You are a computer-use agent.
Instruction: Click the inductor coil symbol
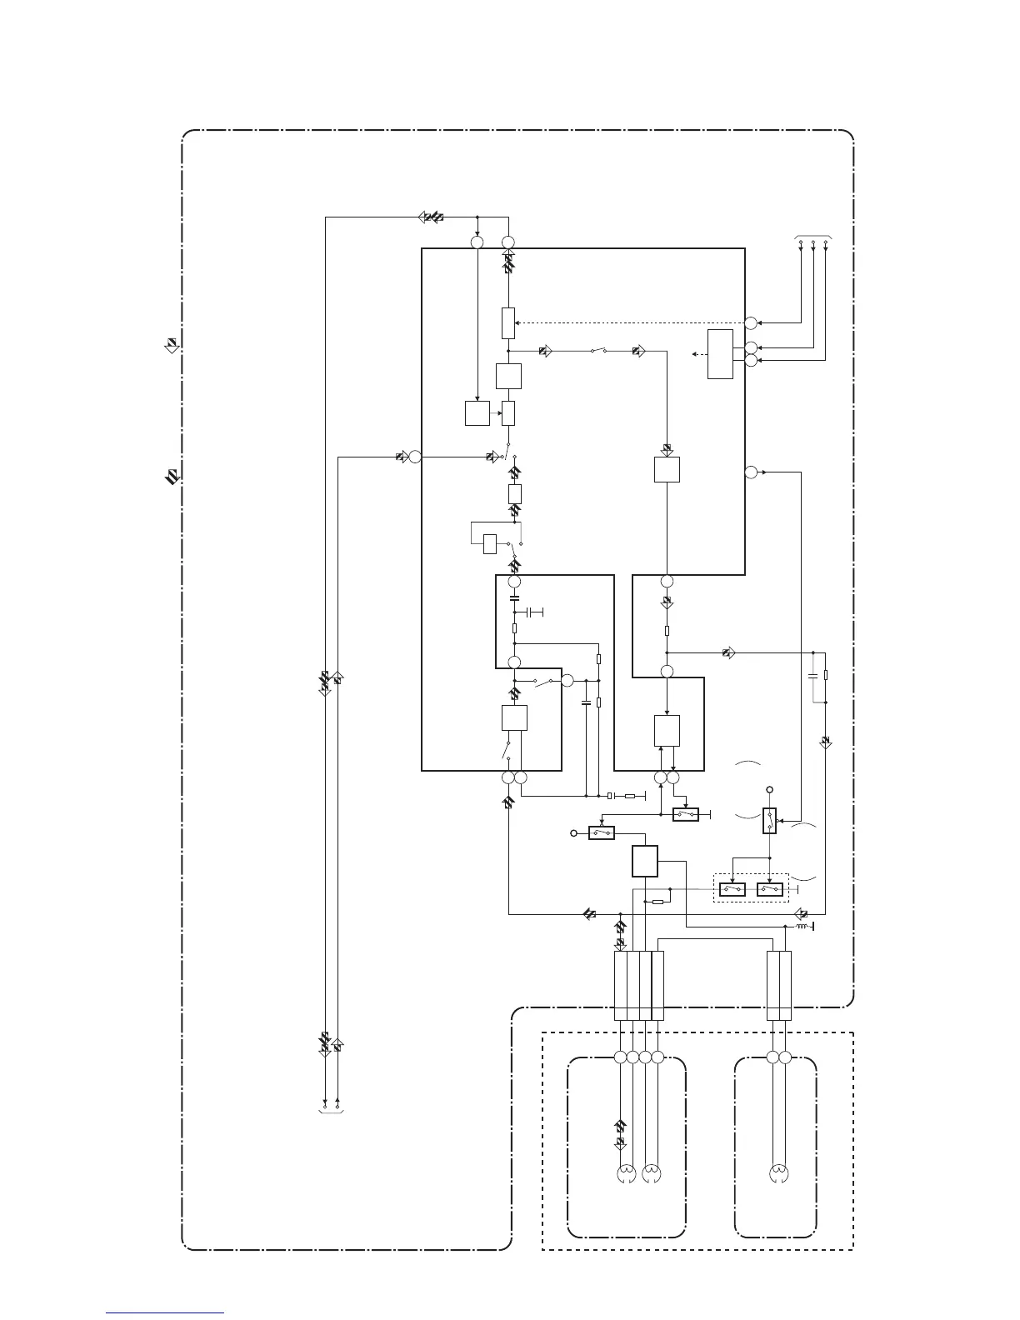[803, 926]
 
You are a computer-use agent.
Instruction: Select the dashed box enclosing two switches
[751, 887]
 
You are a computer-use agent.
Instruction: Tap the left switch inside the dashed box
[732, 889]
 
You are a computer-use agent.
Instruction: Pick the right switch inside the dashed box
[769, 889]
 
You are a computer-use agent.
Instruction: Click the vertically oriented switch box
[769, 821]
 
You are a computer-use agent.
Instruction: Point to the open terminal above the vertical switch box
[769, 788]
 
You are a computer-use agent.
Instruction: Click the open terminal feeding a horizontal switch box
[573, 832]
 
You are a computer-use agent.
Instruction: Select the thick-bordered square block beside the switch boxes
[645, 861]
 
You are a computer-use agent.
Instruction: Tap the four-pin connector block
[639, 985]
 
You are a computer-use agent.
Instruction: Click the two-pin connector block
[778, 985]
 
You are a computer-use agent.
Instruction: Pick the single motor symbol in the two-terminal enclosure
[778, 1176]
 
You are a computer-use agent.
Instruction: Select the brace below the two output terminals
[331, 1111]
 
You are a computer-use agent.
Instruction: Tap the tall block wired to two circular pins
[720, 354]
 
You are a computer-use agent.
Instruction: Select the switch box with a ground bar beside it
[686, 814]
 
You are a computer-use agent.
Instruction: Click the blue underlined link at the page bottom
[165, 1313]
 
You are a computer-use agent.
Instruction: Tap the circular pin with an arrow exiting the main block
[751, 472]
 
